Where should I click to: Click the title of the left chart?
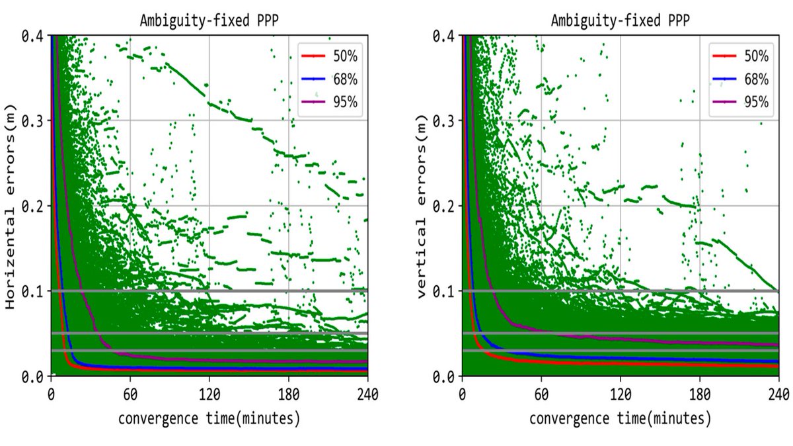209,20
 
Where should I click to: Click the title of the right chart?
621,20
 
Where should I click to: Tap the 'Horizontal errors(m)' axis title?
10,205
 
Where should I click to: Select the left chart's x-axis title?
209,419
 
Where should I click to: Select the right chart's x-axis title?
621,419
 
